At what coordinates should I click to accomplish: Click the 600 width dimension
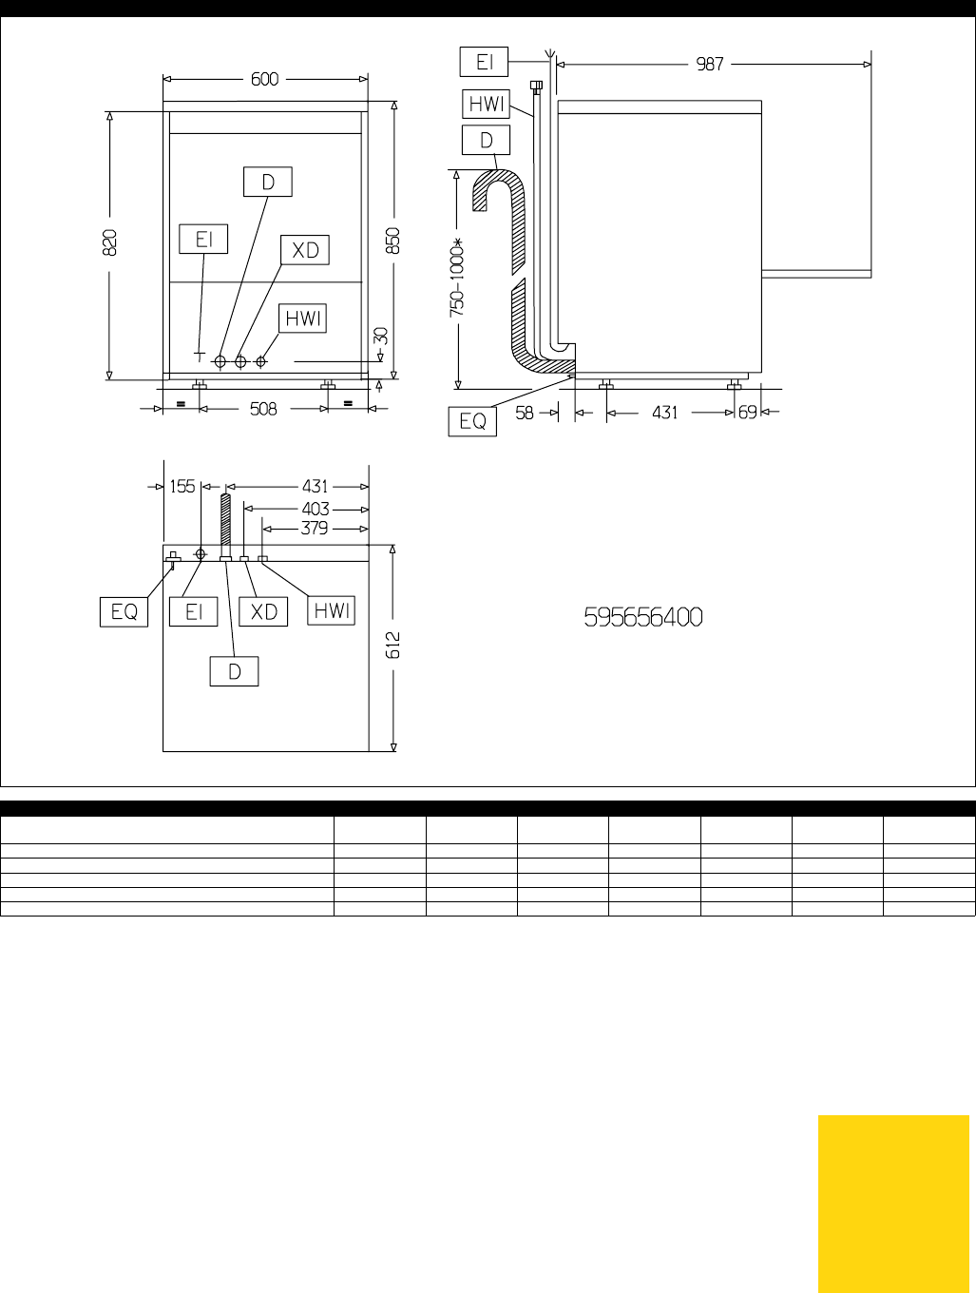tap(264, 79)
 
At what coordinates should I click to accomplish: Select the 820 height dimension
tap(110, 242)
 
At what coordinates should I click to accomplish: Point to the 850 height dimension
tap(392, 241)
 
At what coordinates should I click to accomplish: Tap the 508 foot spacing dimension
tap(263, 409)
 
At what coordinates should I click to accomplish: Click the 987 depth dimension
tap(710, 65)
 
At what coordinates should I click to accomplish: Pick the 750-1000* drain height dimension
tap(457, 278)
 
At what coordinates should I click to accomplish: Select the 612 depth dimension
tap(392, 645)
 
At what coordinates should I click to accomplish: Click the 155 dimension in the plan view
tap(182, 487)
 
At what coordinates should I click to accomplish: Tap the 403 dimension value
tap(316, 509)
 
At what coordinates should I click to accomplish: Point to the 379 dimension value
tap(315, 529)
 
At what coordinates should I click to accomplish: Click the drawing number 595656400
tap(643, 617)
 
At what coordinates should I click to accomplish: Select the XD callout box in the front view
tap(305, 250)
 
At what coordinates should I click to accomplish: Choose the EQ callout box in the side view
tap(472, 421)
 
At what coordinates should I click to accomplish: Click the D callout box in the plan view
tap(235, 671)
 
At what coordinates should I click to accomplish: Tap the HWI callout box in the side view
tap(487, 105)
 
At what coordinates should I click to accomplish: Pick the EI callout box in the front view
tap(203, 240)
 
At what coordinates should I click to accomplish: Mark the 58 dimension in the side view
tap(525, 413)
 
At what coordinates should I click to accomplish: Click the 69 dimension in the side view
tap(748, 413)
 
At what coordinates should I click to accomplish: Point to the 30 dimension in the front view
tap(381, 337)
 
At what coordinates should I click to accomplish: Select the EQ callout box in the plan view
tap(124, 612)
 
